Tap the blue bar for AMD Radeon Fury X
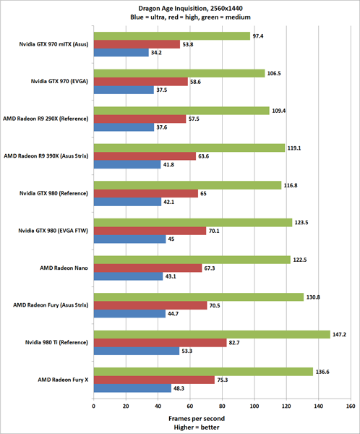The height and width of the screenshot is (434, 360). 132,388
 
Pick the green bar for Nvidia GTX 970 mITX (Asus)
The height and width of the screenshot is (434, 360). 171,35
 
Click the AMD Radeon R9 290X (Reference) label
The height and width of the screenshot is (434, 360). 46,119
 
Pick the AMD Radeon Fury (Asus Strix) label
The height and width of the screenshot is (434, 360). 50,305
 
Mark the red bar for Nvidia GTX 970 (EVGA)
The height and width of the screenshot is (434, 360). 140,82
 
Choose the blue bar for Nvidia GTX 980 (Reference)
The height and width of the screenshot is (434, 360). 127,202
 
